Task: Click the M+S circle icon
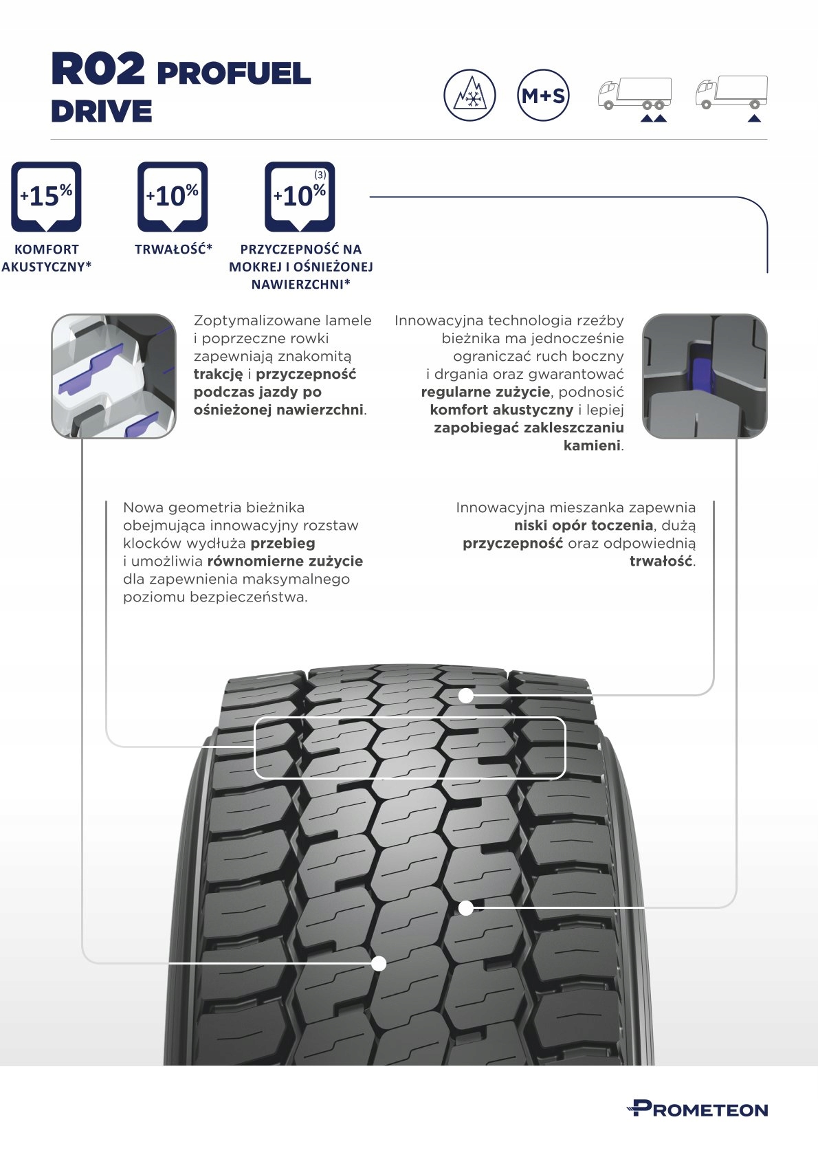coord(542,96)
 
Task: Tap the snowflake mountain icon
coord(469,96)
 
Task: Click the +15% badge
coord(46,197)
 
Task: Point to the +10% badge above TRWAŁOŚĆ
coord(173,197)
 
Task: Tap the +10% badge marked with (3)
coord(300,197)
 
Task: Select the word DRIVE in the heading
coord(101,111)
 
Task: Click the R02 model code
coord(98,69)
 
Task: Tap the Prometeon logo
coord(697,1109)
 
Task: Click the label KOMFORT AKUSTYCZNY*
coord(46,258)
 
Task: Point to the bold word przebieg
coord(283,543)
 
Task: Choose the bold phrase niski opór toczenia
coord(583,525)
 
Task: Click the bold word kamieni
coord(591,445)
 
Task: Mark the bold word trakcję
coord(218,374)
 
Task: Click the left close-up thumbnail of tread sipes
coord(113,376)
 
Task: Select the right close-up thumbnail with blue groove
coord(704,376)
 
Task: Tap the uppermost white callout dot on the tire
coord(466,696)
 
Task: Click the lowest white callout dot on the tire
coord(378,963)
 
